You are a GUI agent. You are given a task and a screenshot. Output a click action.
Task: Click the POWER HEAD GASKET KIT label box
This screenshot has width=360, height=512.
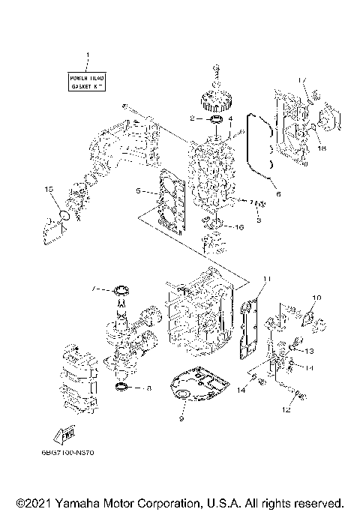[88, 82]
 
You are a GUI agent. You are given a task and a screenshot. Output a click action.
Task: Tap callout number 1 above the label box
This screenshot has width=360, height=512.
[88, 55]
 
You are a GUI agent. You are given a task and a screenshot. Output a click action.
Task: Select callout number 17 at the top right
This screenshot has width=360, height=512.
[301, 81]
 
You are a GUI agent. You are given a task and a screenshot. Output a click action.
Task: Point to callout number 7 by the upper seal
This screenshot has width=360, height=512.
[94, 289]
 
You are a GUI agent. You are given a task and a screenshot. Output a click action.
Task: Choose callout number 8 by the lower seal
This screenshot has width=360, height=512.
[149, 388]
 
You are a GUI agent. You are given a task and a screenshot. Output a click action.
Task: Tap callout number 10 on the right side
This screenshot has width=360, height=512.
[316, 298]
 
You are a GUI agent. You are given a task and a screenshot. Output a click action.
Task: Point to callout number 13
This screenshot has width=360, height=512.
[308, 350]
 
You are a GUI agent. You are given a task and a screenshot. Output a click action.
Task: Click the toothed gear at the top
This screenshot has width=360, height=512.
[216, 99]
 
